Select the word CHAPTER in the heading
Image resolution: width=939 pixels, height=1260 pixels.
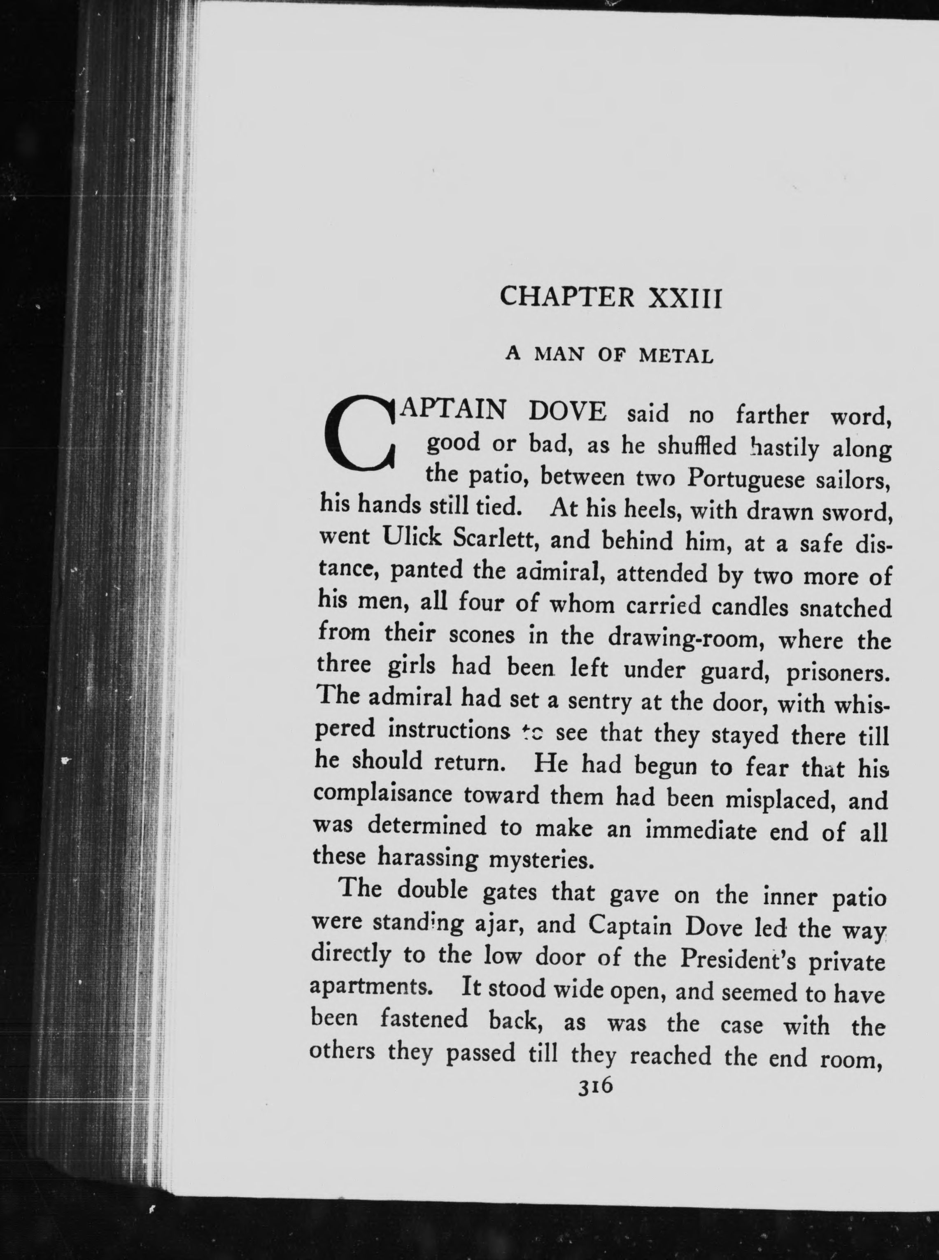click(567, 297)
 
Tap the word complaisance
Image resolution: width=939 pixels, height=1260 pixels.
click(382, 794)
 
